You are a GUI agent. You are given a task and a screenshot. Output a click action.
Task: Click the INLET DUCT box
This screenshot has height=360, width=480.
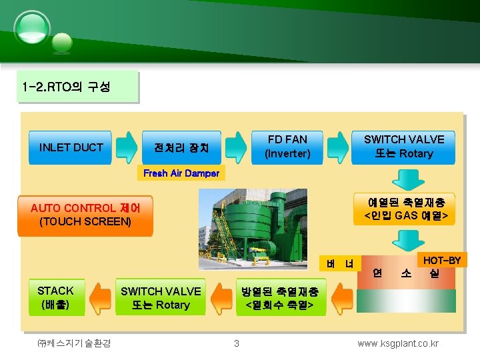71,147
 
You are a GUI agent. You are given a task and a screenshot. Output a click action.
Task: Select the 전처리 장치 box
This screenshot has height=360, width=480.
181,147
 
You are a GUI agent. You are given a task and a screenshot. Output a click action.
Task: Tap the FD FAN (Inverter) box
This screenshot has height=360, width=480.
287,147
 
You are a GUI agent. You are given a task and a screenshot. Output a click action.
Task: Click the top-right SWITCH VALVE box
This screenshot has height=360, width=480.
404,147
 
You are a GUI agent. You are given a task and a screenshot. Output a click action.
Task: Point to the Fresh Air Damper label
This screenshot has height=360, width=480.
181,173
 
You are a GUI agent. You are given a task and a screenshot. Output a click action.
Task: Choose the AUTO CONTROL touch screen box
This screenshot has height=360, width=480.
85,215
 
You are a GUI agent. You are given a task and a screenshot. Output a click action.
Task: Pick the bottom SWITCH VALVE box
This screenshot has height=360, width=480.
161,298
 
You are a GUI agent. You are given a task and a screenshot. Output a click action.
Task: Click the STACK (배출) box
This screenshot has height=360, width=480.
56,297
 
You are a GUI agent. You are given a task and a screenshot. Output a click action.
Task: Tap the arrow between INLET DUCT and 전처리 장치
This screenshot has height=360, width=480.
126,147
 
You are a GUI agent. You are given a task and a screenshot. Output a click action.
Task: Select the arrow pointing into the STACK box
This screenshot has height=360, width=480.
101,298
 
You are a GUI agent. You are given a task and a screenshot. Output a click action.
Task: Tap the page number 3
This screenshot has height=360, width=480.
236,343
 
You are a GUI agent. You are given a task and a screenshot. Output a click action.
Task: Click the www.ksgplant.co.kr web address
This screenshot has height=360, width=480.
398,343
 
